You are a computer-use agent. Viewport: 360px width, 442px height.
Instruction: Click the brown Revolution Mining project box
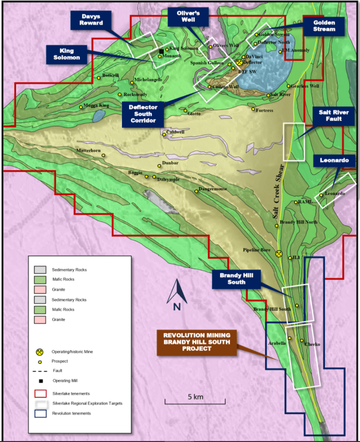(x=197, y=342)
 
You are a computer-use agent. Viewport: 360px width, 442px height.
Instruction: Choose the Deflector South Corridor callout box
(x=143, y=114)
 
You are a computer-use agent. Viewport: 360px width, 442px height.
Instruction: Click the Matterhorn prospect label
(x=88, y=151)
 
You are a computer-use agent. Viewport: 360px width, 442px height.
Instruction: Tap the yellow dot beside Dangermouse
(x=196, y=191)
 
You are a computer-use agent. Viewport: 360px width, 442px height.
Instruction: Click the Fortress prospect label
(x=264, y=110)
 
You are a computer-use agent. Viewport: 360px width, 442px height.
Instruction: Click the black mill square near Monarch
(x=161, y=51)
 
